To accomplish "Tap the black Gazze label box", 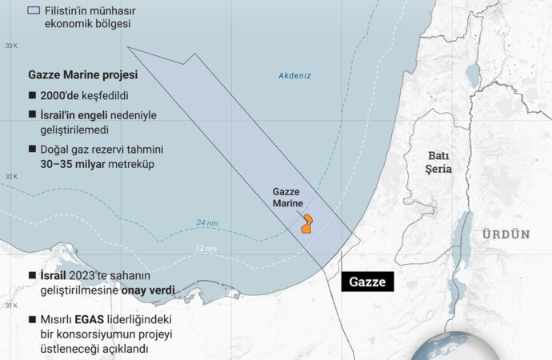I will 367,282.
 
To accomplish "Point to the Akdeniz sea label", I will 294,76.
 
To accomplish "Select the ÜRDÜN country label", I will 506,234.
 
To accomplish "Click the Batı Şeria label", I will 439,162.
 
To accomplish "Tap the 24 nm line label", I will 206,222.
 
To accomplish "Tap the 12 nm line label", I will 206,249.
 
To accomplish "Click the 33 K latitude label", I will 11,46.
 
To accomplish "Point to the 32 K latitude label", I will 11,176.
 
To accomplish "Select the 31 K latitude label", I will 11,306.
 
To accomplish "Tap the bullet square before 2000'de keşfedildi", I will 33,95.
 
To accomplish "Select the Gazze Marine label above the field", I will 288,198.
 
